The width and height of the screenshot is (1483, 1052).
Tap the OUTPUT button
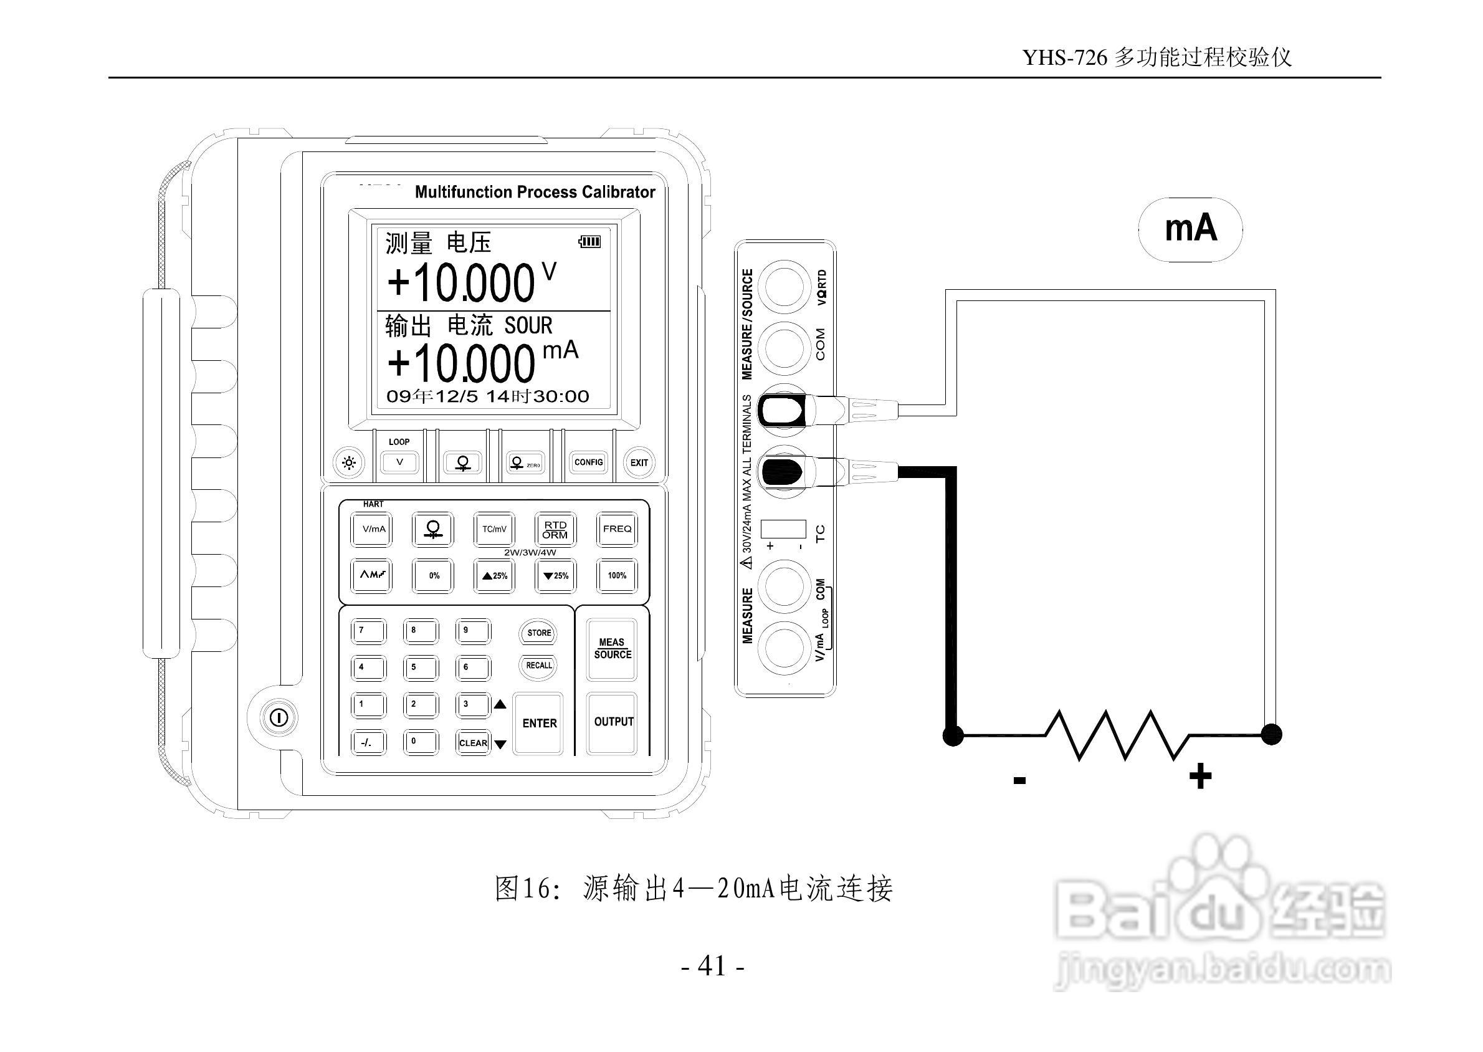(613, 722)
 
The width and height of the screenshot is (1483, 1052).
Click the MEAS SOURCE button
(612, 648)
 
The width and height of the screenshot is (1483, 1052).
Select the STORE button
(539, 633)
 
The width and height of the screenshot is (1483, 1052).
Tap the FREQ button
(616, 529)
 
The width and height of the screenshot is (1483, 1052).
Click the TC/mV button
(494, 529)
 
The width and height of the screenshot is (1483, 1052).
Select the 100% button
(616, 575)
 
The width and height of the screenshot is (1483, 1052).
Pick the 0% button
(434, 575)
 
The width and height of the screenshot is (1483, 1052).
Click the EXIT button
(639, 462)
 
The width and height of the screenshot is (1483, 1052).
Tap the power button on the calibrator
(279, 718)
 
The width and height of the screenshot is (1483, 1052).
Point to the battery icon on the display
(590, 242)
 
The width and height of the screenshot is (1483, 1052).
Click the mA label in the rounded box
(1190, 229)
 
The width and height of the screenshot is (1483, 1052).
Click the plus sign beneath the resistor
(1200, 776)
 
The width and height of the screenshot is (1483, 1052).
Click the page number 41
(712, 966)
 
